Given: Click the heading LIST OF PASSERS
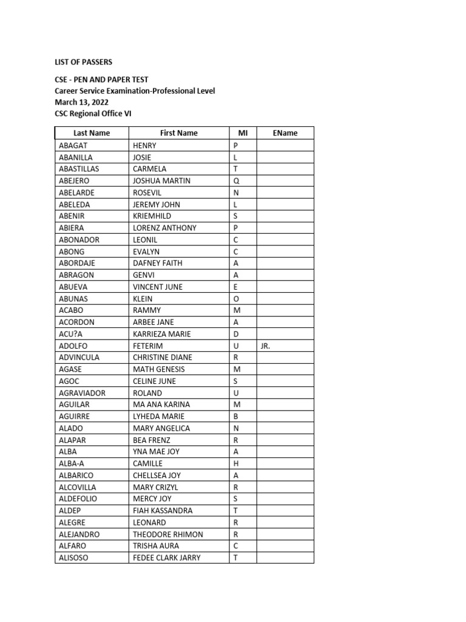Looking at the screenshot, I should click(84, 62).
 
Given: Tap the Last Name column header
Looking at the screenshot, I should click(92, 133).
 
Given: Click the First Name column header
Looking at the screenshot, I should click(178, 133).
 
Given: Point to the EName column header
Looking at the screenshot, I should click(285, 133).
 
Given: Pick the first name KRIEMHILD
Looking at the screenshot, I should click(152, 216).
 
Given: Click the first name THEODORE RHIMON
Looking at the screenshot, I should click(167, 535).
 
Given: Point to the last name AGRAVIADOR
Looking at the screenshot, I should click(83, 393).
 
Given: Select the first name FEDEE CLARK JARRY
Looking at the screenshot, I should click(166, 558).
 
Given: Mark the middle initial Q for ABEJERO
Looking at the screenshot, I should click(237, 181).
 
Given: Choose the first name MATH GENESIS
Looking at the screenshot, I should click(158, 369).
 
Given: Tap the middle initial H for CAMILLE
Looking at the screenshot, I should click(236, 463).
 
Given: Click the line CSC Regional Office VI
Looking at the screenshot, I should click(93, 114).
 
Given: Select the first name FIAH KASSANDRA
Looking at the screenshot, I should click(162, 511).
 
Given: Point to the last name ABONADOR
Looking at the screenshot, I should click(79, 240).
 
